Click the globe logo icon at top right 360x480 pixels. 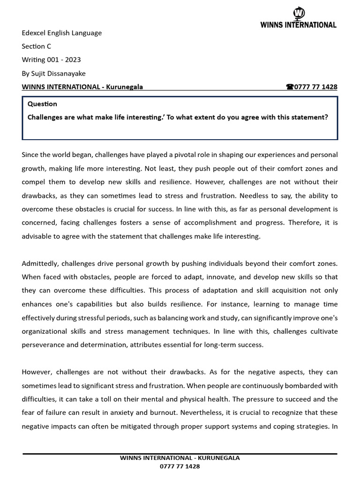299,13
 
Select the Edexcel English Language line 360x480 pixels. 61,33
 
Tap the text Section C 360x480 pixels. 36,46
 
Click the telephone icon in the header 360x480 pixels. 289,87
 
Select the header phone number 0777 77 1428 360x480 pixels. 315,87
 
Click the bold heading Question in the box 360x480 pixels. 42,104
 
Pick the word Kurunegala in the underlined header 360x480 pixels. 125,87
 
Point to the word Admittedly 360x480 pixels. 42,264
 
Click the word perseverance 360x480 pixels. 44,345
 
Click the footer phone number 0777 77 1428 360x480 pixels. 180,467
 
